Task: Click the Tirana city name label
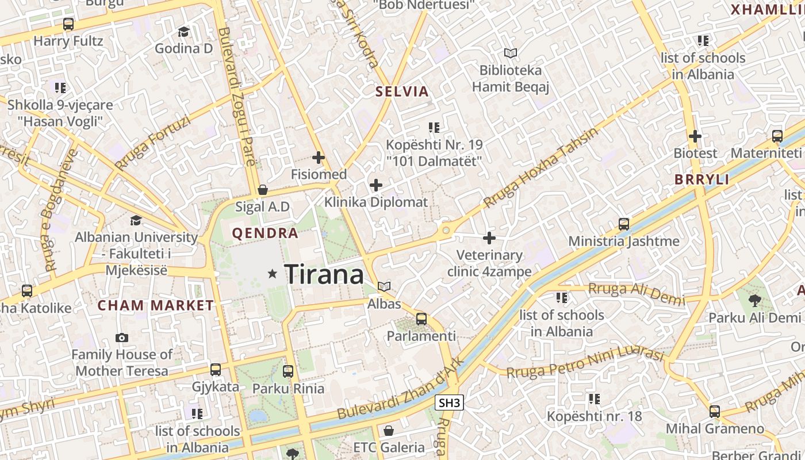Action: [x=324, y=274]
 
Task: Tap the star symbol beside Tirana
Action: [x=273, y=274]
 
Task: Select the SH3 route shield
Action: [x=449, y=403]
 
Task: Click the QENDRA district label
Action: [x=265, y=233]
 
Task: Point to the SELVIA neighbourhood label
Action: [x=402, y=91]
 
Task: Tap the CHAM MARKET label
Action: [x=156, y=305]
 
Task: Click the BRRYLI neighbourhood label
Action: [x=701, y=179]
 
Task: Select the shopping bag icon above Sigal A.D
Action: [x=263, y=190]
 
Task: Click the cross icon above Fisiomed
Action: [x=318, y=157]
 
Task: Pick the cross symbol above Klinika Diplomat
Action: [x=376, y=185]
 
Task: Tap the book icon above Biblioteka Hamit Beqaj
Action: [x=510, y=53]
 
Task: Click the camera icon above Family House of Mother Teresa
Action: [x=122, y=338]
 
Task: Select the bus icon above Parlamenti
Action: [x=421, y=319]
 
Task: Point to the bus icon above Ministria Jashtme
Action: [x=624, y=224]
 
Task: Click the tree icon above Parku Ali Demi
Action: [x=754, y=300]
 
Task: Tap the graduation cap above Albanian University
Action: [x=136, y=220]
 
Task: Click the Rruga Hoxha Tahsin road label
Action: [x=540, y=168]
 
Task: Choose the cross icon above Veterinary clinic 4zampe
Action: [x=489, y=237]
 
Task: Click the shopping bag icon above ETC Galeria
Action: [x=389, y=430]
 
